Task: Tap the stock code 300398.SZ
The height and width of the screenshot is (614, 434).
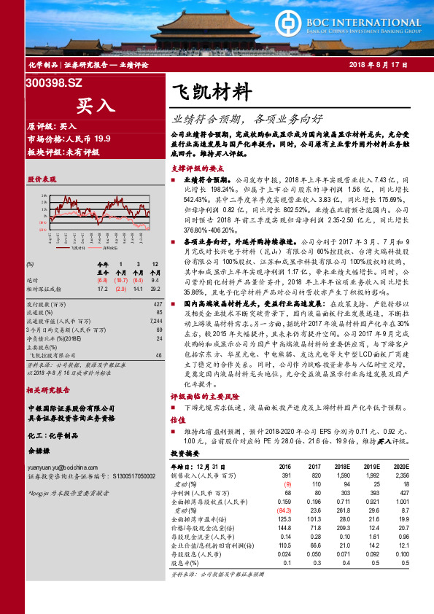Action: point(55,84)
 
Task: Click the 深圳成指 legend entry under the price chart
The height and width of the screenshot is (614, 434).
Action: point(114,249)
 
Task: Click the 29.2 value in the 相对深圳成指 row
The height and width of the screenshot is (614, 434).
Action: point(155,288)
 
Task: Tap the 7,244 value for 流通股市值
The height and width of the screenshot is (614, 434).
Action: point(155,321)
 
